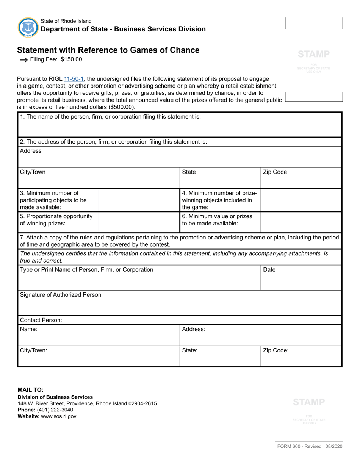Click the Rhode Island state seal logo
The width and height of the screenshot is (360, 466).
tap(28, 27)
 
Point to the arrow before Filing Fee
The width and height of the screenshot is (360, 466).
tap(23, 60)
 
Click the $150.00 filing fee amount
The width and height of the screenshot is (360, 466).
tap(71, 59)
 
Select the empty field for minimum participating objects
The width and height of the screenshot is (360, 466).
tap(139, 200)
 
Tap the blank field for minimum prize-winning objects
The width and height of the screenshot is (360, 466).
tap(301, 200)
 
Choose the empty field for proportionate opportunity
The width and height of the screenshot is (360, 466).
tap(139, 222)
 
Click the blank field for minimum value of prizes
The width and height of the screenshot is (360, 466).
tap(301, 222)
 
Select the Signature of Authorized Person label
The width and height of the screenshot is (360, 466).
tap(61, 295)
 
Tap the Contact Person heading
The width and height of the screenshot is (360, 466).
tap(41, 320)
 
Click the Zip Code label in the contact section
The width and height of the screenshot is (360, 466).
tap(275, 350)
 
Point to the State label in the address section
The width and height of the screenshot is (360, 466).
tap(189, 172)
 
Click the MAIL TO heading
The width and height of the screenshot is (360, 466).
tap(31, 389)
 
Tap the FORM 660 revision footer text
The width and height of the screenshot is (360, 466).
tap(310, 447)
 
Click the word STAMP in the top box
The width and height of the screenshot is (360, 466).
tap(314, 54)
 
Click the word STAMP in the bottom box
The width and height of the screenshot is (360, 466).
tap(309, 402)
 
